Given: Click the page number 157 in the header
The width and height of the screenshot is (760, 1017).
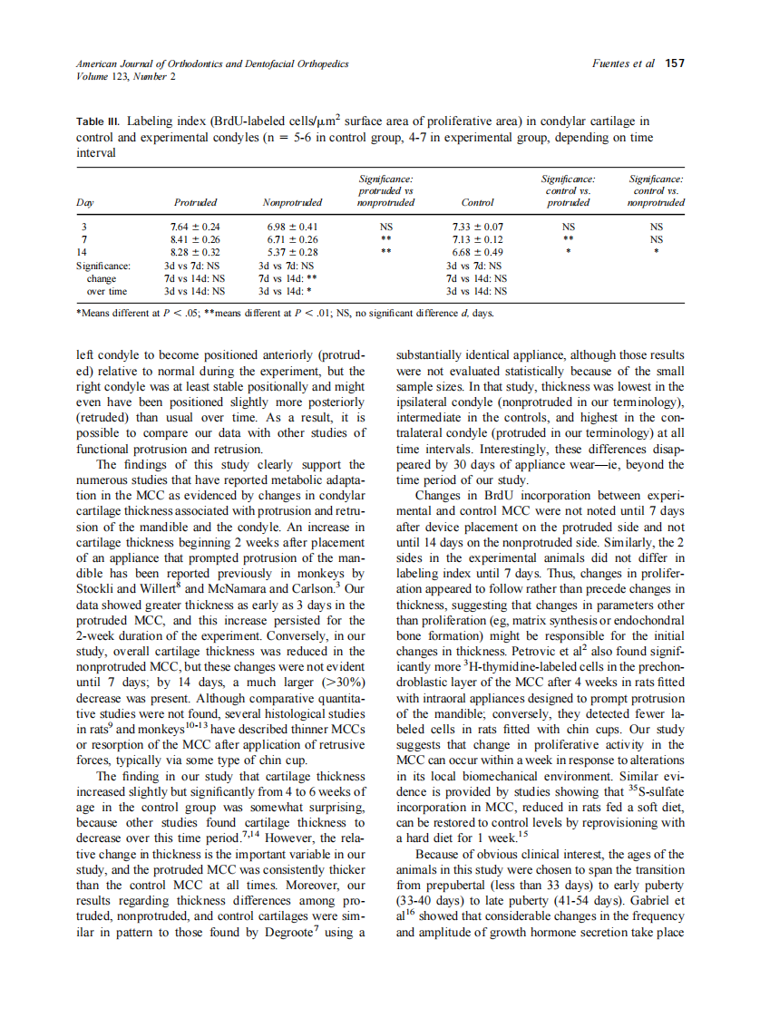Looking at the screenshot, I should click(674, 64).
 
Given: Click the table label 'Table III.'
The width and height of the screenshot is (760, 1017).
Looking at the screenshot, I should click(98, 121).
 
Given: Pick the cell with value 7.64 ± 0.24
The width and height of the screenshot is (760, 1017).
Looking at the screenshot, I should click(196, 226).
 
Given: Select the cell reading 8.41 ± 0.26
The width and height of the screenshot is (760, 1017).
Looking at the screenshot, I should click(196, 239).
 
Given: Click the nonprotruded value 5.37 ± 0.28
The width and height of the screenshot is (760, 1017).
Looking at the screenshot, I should click(292, 252).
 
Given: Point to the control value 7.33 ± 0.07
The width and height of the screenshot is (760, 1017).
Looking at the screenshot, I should click(477, 226).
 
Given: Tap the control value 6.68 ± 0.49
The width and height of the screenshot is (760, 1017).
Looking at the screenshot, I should click(477, 252).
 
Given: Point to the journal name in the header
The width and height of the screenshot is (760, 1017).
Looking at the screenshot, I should click(212, 64).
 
